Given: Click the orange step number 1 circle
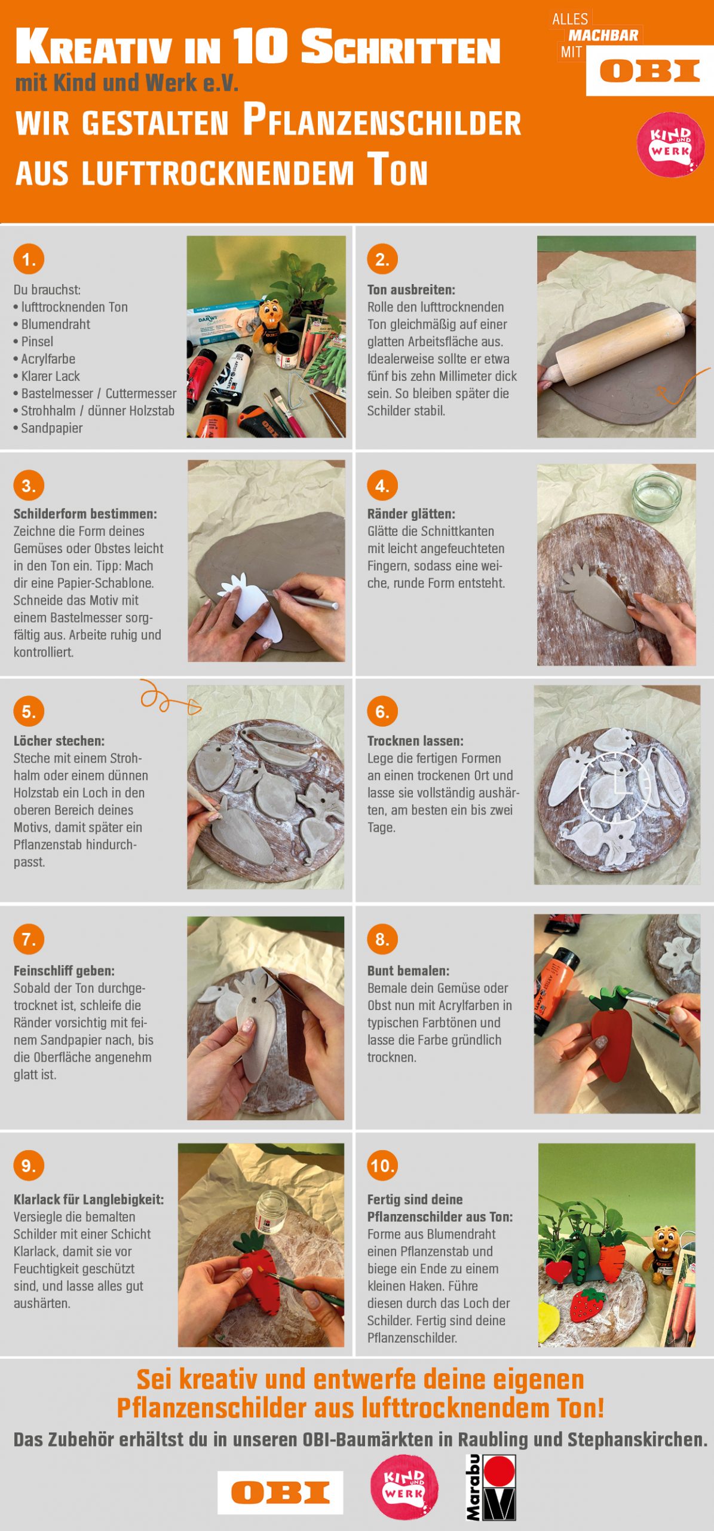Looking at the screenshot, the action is [29, 259].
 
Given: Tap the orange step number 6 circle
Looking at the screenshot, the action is [382, 711].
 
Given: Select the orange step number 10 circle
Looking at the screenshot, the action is [382, 1165].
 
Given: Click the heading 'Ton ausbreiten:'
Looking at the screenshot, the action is [411, 290].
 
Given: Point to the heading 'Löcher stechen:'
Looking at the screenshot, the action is [59, 741].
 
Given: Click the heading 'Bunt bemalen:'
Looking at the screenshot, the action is [409, 971].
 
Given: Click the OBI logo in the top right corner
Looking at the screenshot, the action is [650, 71].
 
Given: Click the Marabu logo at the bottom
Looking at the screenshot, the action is [491, 1487].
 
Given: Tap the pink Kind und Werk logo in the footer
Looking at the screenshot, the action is [405, 1487].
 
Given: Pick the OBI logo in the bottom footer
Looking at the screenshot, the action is [280, 1493].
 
